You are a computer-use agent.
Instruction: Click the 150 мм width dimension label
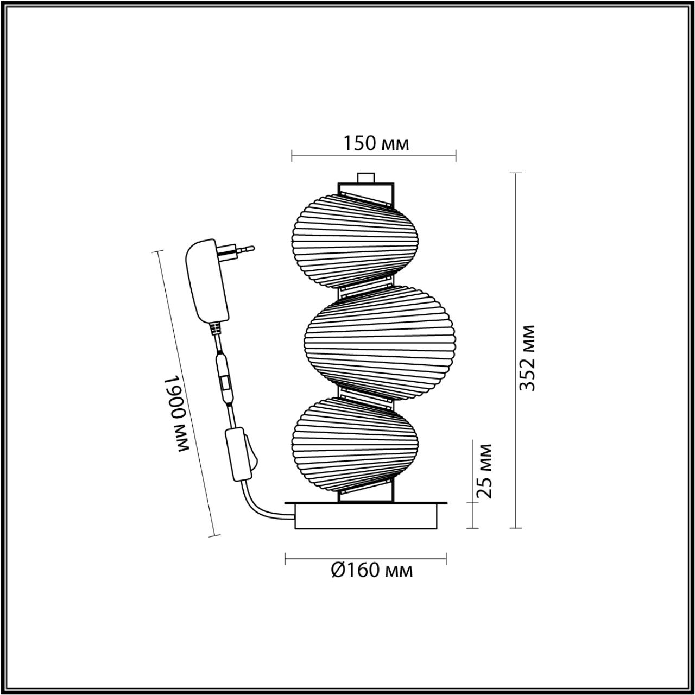[376, 143]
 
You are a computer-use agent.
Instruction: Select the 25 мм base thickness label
[484, 471]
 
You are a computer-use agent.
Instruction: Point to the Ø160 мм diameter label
[372, 570]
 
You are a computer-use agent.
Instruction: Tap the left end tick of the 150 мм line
[292, 155]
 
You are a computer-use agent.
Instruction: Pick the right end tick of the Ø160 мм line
[446, 558]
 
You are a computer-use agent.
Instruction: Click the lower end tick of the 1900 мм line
[214, 536]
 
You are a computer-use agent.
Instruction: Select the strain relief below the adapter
[216, 328]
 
